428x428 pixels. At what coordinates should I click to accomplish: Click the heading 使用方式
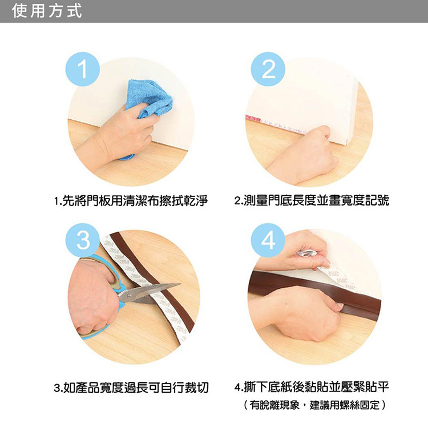click(47, 11)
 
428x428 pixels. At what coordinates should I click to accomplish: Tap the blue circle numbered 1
click(83, 69)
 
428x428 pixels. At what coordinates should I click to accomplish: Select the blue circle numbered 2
click(268, 69)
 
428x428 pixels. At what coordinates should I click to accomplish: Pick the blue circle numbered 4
click(268, 240)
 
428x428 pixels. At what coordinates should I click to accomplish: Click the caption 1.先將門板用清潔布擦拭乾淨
click(131, 201)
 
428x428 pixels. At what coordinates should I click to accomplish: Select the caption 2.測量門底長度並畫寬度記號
click(312, 201)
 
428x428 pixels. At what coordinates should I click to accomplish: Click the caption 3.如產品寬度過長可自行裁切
click(131, 387)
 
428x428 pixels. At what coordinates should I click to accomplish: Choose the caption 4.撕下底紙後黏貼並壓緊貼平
click(312, 387)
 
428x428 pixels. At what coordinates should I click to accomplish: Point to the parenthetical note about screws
click(314, 405)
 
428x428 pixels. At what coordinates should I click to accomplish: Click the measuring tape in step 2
click(276, 123)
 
